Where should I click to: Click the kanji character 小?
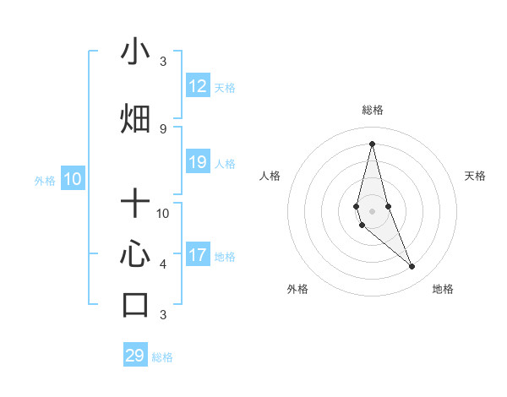[135, 52]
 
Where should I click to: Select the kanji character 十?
[135, 203]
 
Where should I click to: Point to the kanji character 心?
[135, 254]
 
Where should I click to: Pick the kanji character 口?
[135, 305]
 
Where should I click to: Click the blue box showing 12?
[198, 86]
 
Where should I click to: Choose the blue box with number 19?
[198, 163]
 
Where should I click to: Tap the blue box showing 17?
[198, 255]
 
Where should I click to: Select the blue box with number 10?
[73, 179]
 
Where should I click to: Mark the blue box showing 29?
[135, 356]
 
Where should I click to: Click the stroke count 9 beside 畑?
[163, 128]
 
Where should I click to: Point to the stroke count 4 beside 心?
[163, 264]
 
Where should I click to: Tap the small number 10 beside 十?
[163, 213]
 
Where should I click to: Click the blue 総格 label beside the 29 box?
[162, 357]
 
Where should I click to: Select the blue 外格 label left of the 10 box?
[45, 180]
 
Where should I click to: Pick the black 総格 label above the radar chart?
[372, 110]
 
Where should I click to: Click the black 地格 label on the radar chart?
[443, 289]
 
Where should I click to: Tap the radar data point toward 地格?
[412, 267]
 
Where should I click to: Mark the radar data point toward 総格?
[372, 143]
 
